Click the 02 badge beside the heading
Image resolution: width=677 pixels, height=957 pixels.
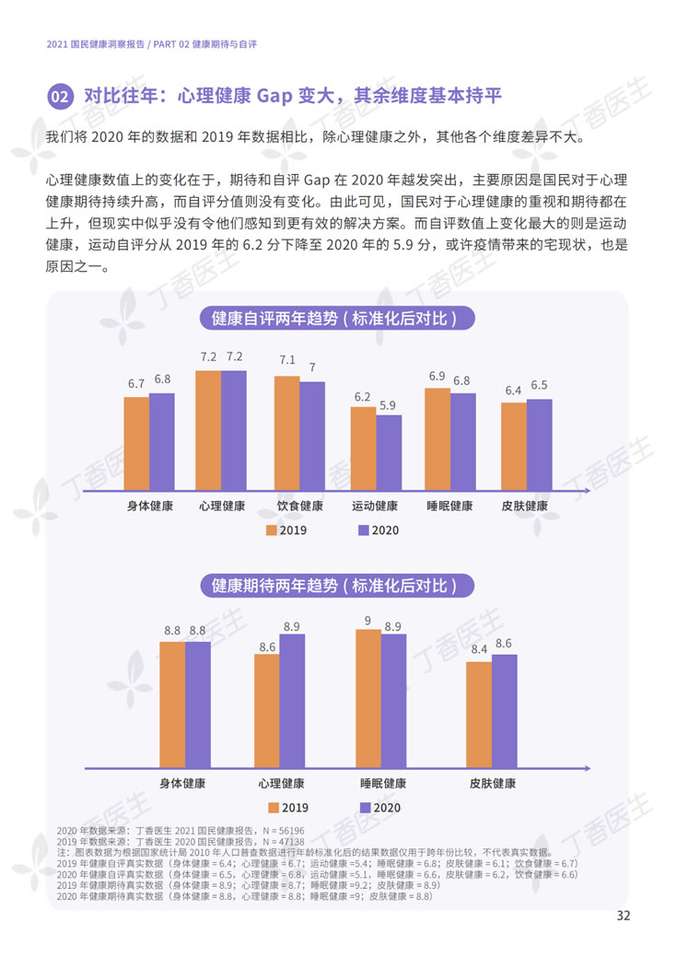[x=61, y=97]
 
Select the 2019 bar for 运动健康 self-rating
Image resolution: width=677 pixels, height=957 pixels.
[x=363, y=448]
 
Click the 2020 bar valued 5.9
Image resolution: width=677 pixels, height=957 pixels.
[x=389, y=451]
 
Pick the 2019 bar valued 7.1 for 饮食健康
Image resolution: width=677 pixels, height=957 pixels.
[x=287, y=432]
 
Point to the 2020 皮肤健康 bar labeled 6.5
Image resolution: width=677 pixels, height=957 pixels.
[x=539, y=444]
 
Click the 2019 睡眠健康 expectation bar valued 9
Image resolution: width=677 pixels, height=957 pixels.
[x=368, y=698]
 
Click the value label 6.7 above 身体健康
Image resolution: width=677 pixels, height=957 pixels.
[x=136, y=383]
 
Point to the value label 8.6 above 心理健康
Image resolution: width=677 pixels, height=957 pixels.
[x=267, y=648]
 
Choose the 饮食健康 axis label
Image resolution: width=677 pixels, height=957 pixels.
[x=300, y=507]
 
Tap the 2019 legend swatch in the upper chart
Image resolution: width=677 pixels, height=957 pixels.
[x=273, y=531]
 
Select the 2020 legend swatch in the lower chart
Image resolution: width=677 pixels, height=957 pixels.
[x=364, y=808]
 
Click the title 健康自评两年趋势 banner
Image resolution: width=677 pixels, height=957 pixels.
[x=338, y=319]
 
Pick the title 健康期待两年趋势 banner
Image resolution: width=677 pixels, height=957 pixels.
[x=338, y=586]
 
